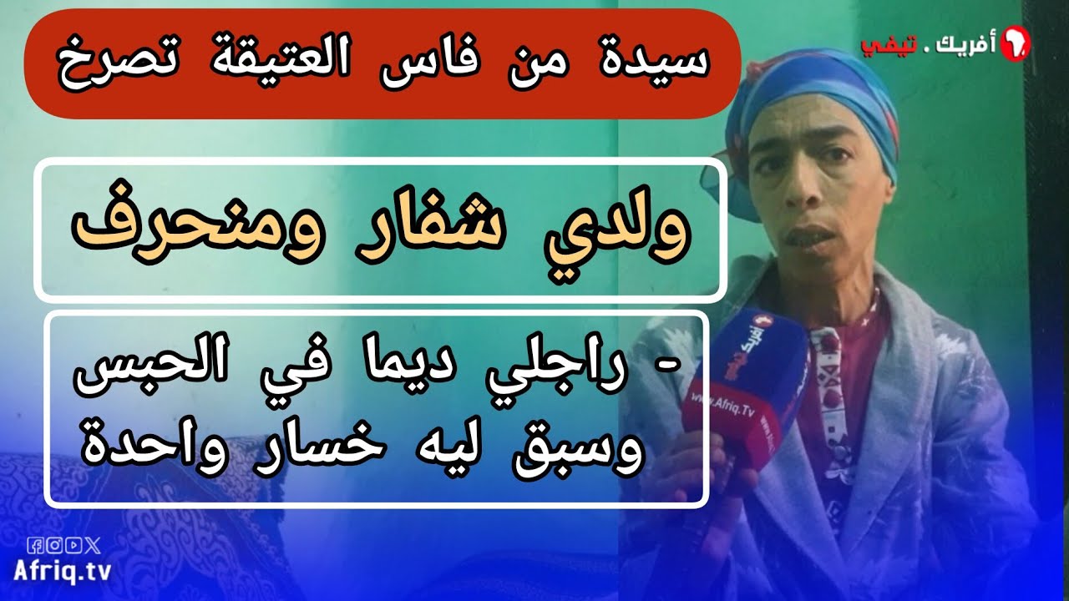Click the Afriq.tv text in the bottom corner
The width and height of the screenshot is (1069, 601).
click(x=63, y=570)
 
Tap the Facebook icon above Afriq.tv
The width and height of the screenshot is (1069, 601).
click(x=35, y=545)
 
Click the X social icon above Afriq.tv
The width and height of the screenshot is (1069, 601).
click(x=92, y=545)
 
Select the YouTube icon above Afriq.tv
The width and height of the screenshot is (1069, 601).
click(x=73, y=545)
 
